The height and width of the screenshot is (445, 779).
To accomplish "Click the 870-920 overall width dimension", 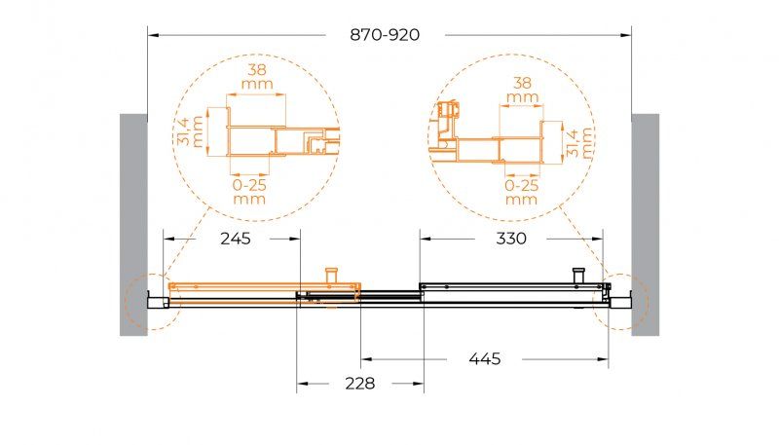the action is pyautogui.click(x=385, y=35).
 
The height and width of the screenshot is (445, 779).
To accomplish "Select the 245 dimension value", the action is pyautogui.click(x=236, y=239).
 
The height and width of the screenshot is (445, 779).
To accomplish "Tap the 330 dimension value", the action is pyautogui.click(x=511, y=239).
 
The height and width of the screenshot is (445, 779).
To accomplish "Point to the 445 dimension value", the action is pyautogui.click(x=485, y=358).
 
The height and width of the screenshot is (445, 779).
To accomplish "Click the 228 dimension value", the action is pyautogui.click(x=359, y=384).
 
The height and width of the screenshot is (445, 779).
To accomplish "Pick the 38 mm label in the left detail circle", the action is pyautogui.click(x=257, y=77).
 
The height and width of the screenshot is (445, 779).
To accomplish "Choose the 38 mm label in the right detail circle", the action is pyautogui.click(x=522, y=90).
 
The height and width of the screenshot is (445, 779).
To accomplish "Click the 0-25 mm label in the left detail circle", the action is pyautogui.click(x=249, y=192).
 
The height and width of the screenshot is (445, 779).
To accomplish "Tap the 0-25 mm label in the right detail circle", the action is pyautogui.click(x=522, y=192).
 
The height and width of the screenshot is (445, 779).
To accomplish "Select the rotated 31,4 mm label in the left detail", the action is pyautogui.click(x=190, y=131).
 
